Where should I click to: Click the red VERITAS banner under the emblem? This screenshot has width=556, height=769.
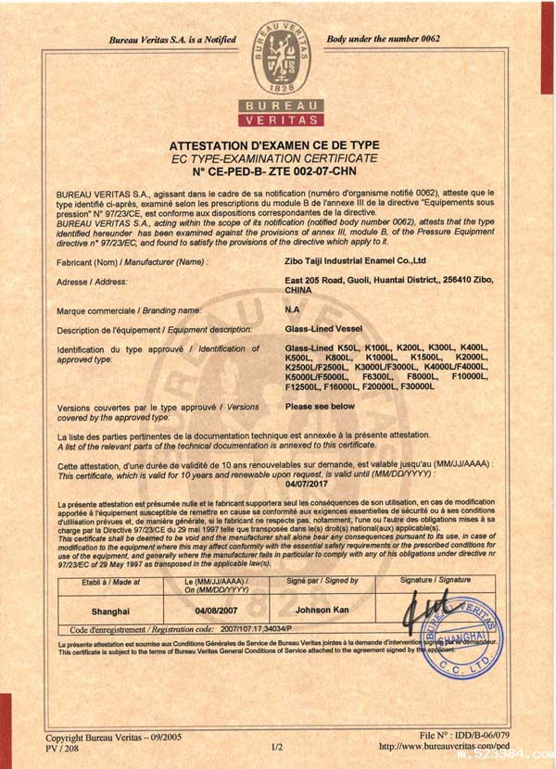click(x=281, y=120)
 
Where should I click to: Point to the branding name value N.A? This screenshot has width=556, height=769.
click(x=292, y=309)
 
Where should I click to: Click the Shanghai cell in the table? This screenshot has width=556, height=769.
click(x=110, y=611)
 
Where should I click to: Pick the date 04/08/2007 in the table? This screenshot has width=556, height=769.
click(x=217, y=611)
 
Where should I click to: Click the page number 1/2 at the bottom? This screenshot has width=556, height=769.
click(x=276, y=746)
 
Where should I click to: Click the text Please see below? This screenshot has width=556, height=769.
click(x=320, y=406)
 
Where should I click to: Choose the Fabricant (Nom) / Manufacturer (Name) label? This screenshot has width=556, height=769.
click(x=132, y=262)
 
